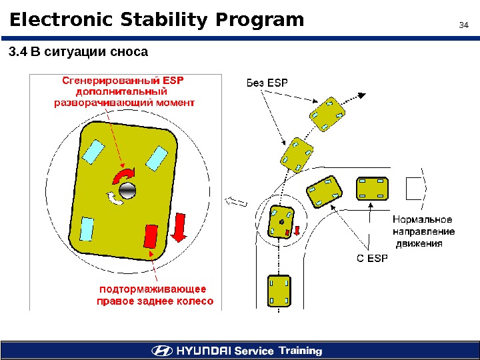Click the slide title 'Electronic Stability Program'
coord(157,21)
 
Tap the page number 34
coord(465,26)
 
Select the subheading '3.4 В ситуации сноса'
coord(77,51)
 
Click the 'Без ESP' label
coord(265,83)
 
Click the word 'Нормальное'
coord(422,219)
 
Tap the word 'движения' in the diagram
coord(420,243)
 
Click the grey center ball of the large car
coord(127,190)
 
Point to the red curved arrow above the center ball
coord(123,175)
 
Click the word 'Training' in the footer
coord(300,351)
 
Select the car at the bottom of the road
coord(278,291)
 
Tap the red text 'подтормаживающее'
coord(153,289)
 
